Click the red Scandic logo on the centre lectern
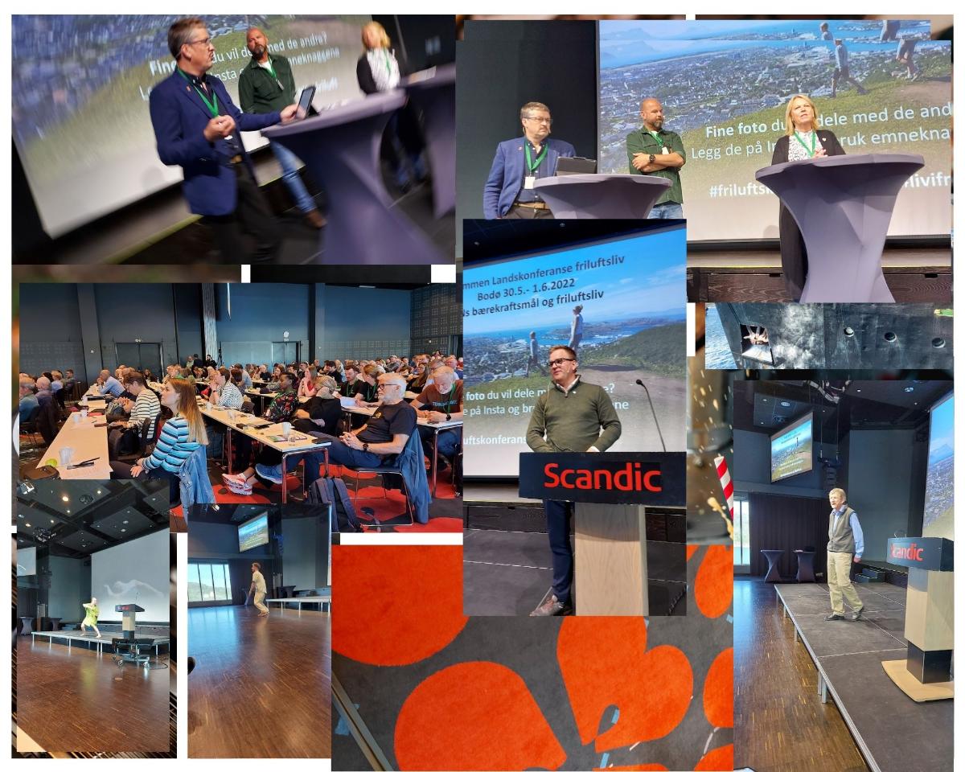click(602, 477)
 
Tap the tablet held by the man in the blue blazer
click(306, 102)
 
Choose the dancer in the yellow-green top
click(91, 616)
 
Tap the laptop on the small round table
click(575, 166)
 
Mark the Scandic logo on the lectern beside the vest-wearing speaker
click(905, 552)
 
